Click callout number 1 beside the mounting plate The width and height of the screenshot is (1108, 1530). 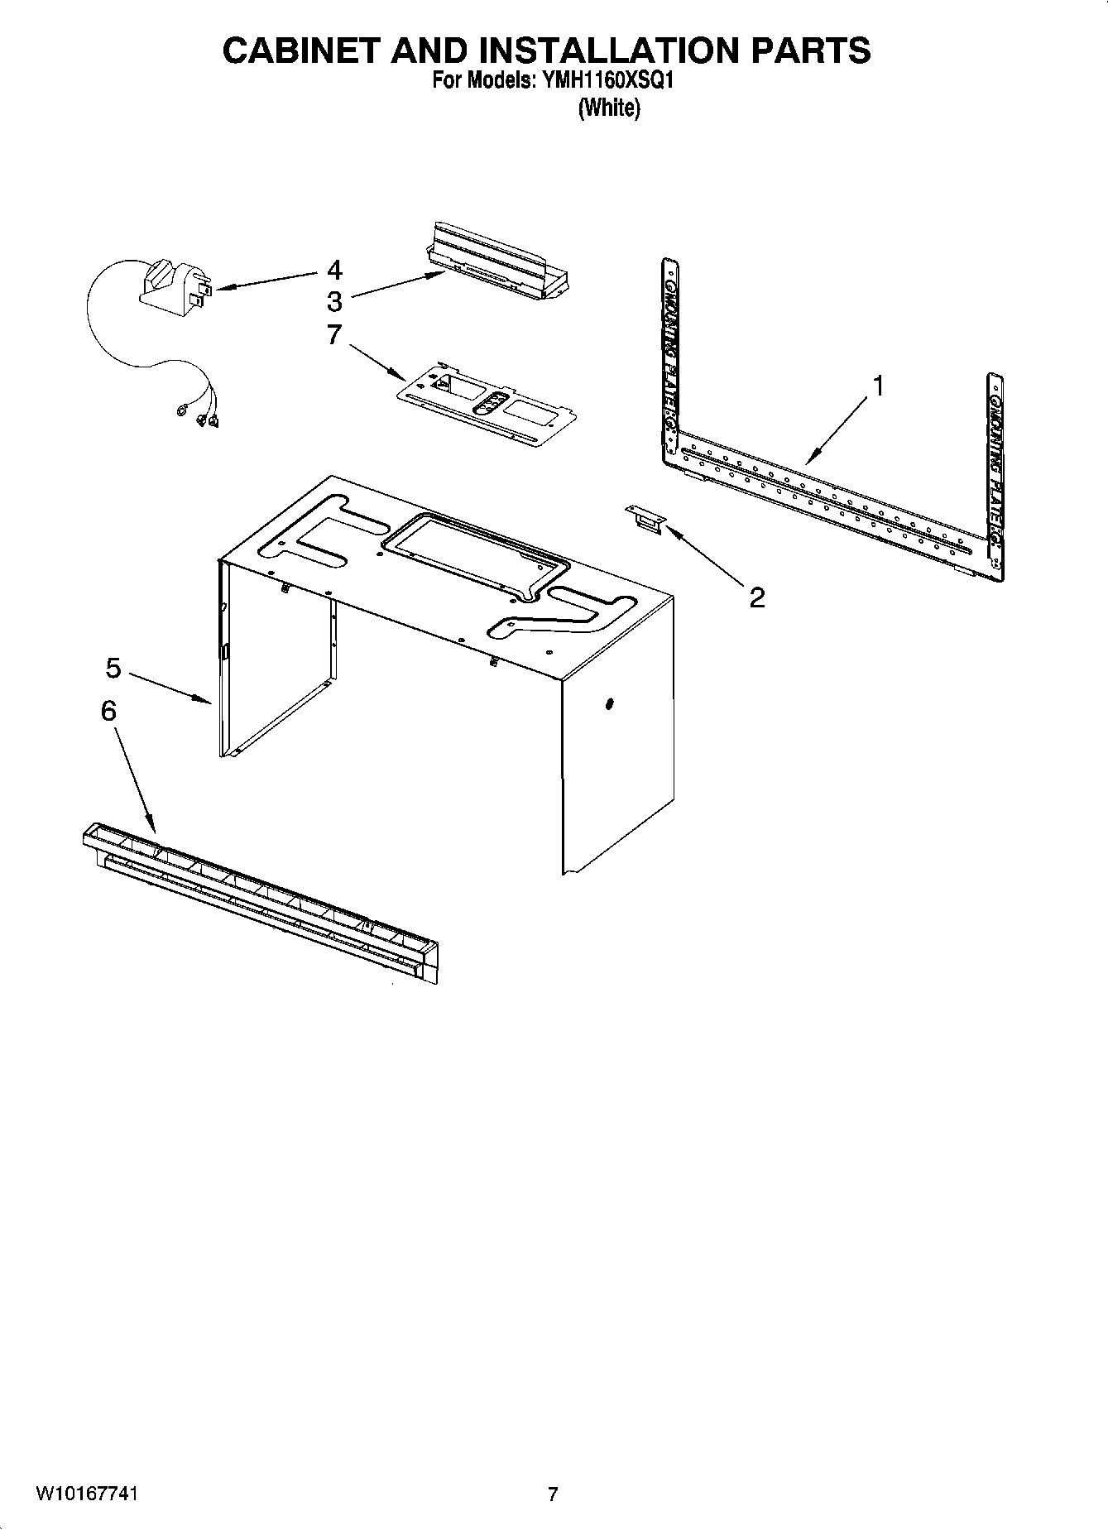point(879,386)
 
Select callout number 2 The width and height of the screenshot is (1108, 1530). point(756,597)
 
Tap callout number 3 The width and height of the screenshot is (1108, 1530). point(334,300)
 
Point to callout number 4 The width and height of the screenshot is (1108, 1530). point(334,270)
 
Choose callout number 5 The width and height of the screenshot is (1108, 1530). point(113,668)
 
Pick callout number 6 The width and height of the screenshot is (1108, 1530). point(108,710)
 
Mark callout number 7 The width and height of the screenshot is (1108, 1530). point(334,335)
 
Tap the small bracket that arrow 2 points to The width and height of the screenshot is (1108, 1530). point(645,518)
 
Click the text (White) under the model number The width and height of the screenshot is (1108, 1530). point(609,108)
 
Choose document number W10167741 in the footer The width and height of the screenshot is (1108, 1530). point(86,1494)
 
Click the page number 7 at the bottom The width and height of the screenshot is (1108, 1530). point(553,1494)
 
